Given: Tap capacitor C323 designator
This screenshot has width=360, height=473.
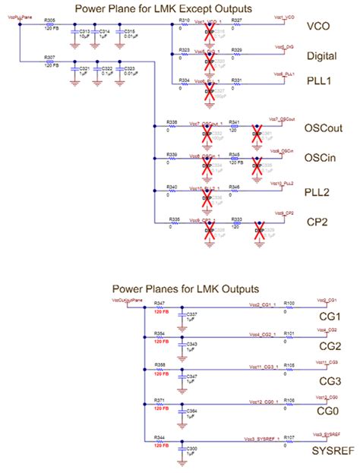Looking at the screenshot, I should tap(130, 68).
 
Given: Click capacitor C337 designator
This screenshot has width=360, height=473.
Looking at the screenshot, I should tap(192, 314).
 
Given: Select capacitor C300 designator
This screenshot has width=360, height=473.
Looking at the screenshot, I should tap(192, 449).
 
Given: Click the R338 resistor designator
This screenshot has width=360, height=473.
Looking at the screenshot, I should tap(172, 121).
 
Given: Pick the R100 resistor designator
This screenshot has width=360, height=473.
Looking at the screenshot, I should tap(289, 304).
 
